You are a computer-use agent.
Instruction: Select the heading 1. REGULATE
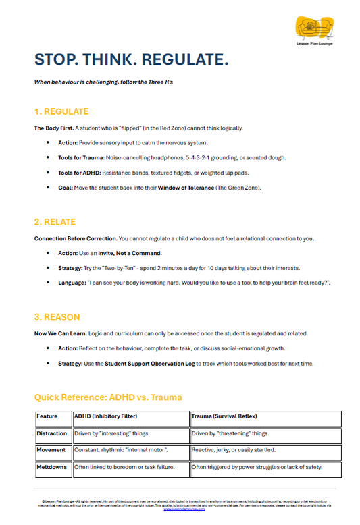coord(61,111)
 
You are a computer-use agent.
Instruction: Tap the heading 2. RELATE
coord(55,221)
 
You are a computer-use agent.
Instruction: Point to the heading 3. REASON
coord(57,316)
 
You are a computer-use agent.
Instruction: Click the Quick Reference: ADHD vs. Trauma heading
coord(108,397)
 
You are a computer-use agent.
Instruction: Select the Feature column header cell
coord(48,416)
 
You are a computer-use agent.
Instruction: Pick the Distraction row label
coord(52,433)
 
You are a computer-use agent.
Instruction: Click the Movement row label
coord(51,449)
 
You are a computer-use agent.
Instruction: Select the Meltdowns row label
coord(52,466)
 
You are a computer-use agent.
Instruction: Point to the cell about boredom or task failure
coord(124,466)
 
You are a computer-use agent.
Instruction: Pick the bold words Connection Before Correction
coord(75,238)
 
